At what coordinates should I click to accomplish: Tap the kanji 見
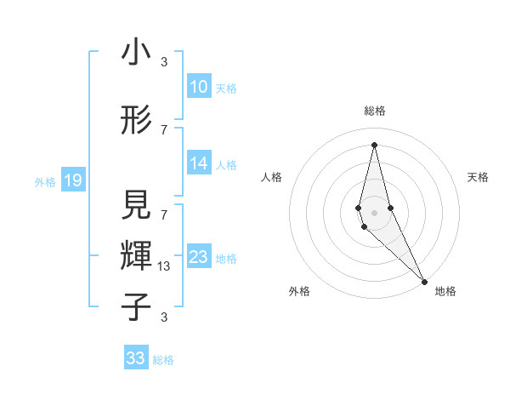coord(137,205)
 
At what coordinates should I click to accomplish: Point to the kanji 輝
coord(137,254)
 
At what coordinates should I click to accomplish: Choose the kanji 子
coord(137,306)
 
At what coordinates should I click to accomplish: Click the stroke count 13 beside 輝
coord(164,266)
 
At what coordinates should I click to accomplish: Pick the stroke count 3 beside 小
coord(164,62)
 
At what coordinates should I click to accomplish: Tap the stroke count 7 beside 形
coord(164,129)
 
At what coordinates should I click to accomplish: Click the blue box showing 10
coord(198,87)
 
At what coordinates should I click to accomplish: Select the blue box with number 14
coord(198,163)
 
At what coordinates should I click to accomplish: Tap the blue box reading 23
coord(198,257)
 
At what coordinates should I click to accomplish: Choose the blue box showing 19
coord(72,180)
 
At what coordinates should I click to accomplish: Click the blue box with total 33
coord(136,358)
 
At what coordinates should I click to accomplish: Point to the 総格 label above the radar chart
coord(375,111)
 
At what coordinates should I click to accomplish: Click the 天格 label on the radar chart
coord(479,177)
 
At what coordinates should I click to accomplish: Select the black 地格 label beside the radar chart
coord(445,292)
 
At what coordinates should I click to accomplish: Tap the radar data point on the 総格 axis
coord(374,145)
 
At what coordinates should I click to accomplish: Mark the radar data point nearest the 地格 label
coord(424,280)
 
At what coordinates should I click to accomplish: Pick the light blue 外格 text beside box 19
coord(45,181)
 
